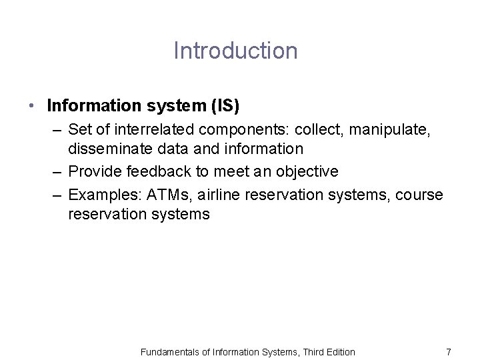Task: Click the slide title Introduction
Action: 235,51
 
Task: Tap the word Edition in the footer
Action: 338,351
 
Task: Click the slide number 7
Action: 448,351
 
